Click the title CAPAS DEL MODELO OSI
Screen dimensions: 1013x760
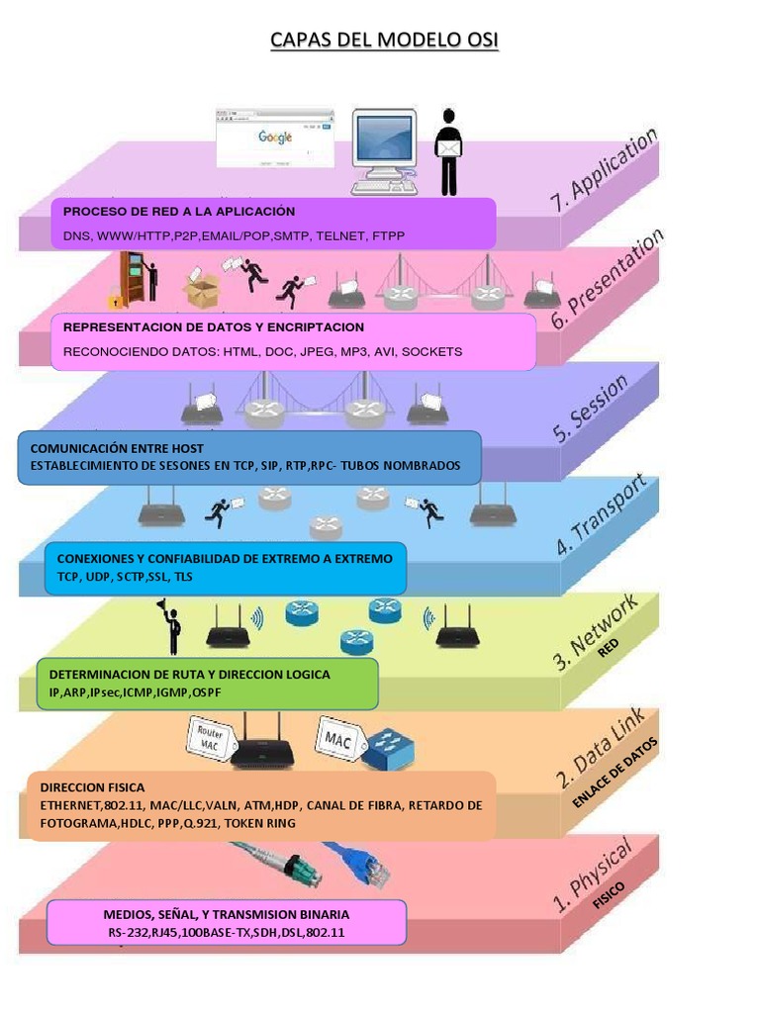coord(385,40)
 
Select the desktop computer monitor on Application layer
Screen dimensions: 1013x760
coord(383,143)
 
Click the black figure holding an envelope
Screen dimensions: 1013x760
coord(449,151)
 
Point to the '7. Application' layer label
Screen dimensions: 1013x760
coord(604,170)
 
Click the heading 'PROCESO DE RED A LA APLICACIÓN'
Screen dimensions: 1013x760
coord(179,212)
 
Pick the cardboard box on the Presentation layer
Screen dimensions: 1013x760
coord(201,290)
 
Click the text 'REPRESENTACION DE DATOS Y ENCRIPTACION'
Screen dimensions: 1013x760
coord(214,327)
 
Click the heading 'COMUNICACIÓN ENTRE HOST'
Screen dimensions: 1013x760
coord(117,448)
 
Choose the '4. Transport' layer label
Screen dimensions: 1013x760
coord(602,514)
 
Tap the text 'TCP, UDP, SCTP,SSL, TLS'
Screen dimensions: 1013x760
coord(125,577)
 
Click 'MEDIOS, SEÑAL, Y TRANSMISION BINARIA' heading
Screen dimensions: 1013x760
coord(227,914)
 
